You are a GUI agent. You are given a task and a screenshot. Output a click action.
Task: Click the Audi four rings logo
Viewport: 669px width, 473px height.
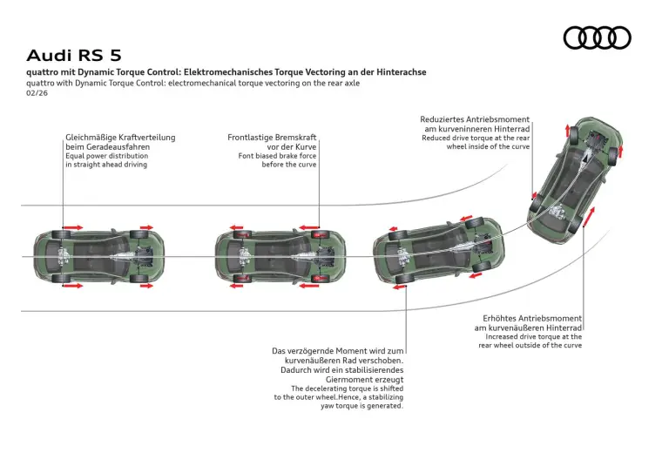[x=597, y=37]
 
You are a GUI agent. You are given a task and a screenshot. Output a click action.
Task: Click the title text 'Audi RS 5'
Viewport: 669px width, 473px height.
[x=74, y=55]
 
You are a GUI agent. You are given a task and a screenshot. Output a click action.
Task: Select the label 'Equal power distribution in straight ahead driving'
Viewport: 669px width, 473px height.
[x=106, y=160]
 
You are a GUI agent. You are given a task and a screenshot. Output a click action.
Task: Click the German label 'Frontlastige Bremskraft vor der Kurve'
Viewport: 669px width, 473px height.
[x=272, y=142]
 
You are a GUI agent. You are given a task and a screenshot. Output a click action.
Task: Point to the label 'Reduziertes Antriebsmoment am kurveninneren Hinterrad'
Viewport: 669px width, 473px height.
[x=475, y=124]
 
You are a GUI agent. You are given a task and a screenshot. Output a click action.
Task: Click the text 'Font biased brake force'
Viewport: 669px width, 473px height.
[x=276, y=156]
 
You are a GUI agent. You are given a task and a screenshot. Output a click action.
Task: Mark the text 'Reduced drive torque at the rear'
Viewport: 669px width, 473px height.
[x=476, y=138]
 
